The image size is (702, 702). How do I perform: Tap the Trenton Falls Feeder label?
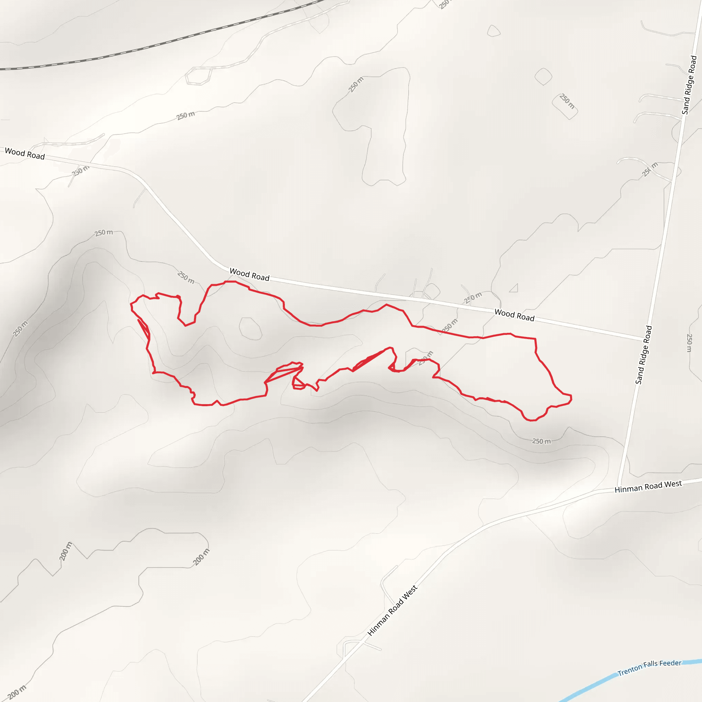pos(650,668)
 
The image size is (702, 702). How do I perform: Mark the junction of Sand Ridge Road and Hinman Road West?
pos(619,488)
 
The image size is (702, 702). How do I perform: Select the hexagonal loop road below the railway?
pos(198,75)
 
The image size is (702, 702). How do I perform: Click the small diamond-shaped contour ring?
pos(543,77)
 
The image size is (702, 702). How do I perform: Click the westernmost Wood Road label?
pos(25,154)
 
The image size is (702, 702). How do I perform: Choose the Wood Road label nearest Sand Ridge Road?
pos(514,315)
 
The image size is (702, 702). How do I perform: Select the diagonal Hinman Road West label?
pos(392,611)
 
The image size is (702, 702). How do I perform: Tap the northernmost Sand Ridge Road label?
pos(689,85)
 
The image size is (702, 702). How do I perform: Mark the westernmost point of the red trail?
pos(131,305)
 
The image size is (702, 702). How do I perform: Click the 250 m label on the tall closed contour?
pos(356,85)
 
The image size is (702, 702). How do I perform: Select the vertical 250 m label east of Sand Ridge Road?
pos(689,343)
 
